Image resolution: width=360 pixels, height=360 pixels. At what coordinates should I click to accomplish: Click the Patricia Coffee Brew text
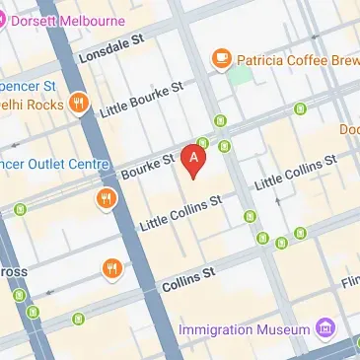tap(297, 58)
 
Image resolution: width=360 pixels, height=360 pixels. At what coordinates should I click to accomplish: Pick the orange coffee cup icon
tap(222, 58)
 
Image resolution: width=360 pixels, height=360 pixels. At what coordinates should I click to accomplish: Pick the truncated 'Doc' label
tap(350, 129)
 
